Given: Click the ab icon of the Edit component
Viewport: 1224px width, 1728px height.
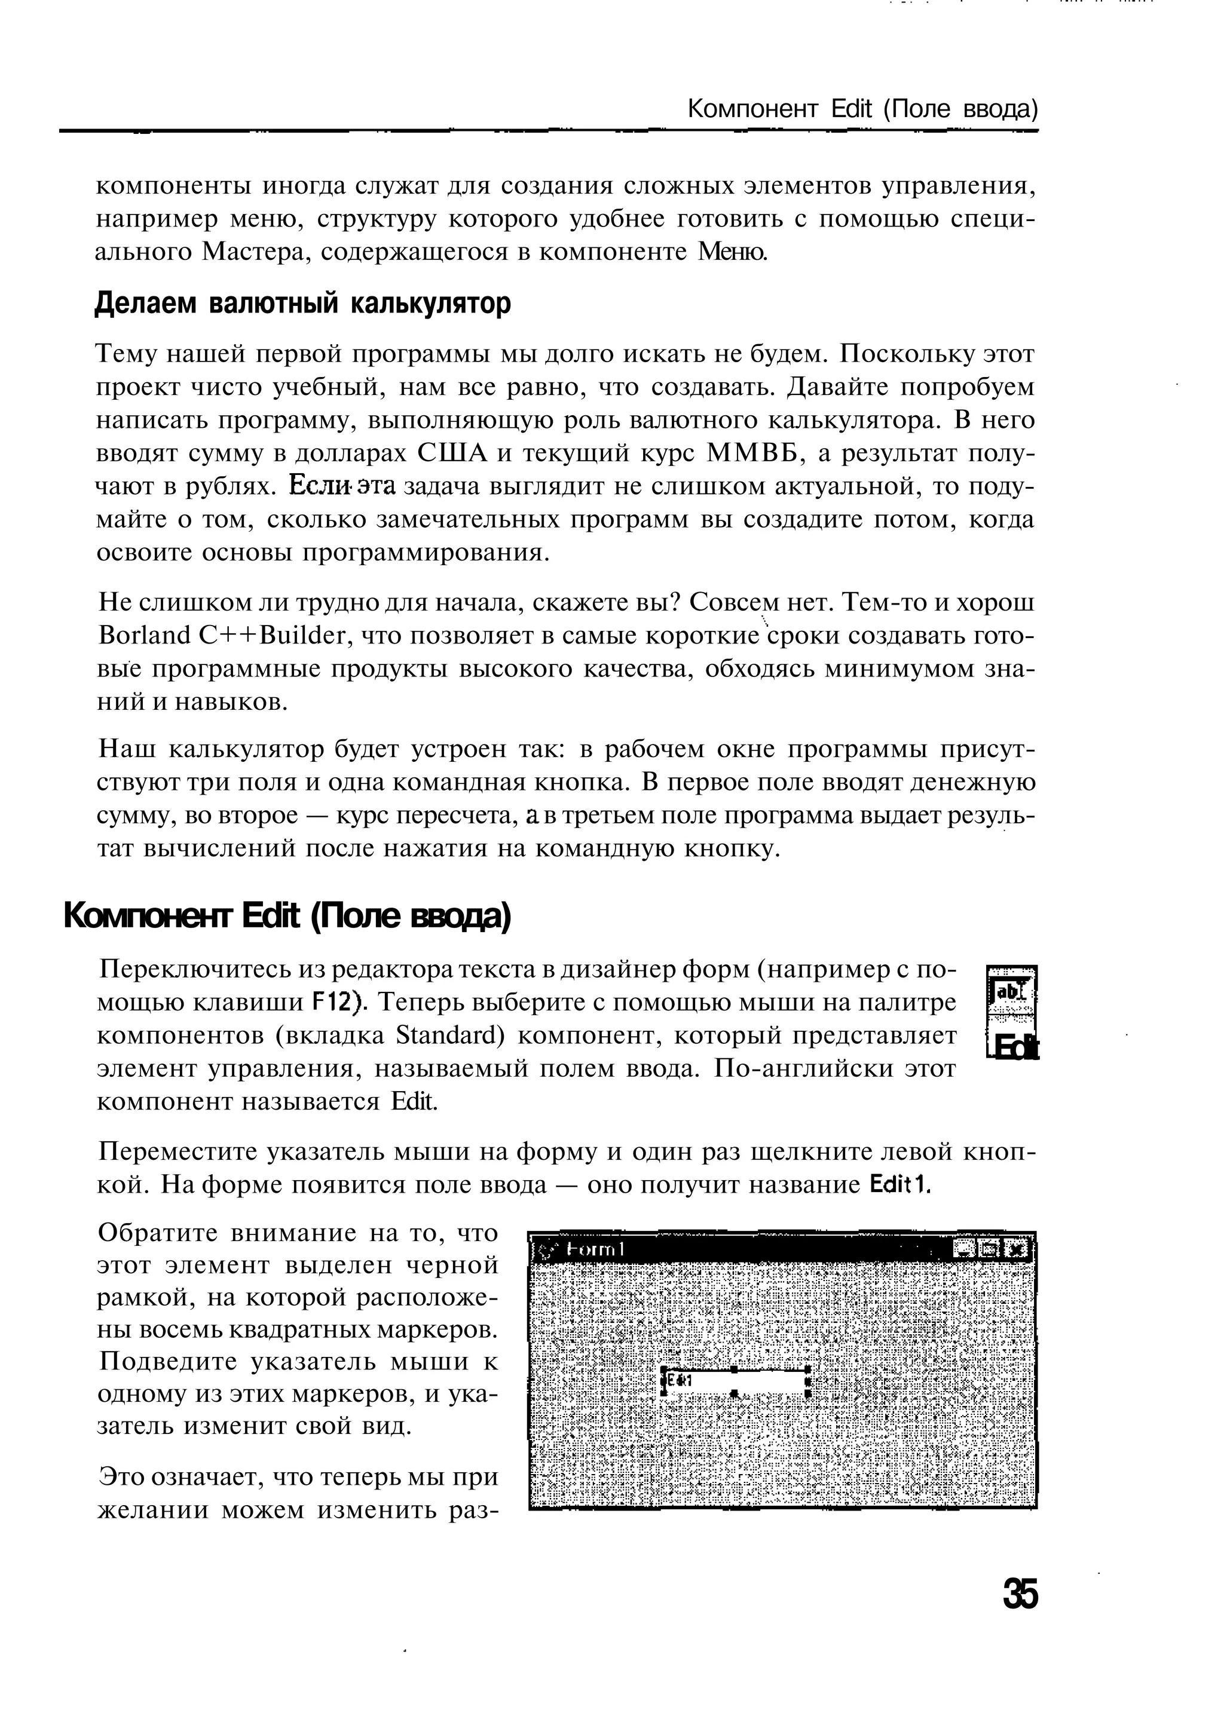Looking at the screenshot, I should pos(1011,992).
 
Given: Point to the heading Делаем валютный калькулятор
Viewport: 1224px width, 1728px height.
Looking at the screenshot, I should pos(303,303).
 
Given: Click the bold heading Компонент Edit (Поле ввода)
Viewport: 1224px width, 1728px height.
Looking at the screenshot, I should pos(287,917).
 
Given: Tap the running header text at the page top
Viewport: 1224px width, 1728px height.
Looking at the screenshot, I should pos(862,110).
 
